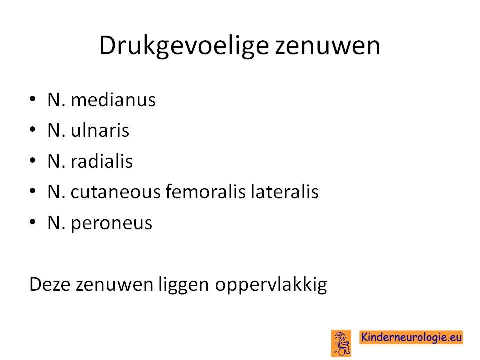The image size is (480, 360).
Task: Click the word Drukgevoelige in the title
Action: (184, 46)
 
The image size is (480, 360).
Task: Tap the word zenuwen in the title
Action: (327, 46)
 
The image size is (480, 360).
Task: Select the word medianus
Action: (113, 100)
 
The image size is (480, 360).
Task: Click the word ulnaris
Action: (100, 130)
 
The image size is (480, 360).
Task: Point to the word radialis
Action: (102, 161)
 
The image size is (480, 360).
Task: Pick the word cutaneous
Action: (115, 192)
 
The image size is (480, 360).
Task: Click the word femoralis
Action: (205, 191)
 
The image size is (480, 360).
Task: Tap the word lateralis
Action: (284, 191)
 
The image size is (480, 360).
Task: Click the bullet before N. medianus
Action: (33, 99)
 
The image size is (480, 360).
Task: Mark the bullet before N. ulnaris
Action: (33, 130)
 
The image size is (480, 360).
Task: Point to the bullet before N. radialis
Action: (33, 160)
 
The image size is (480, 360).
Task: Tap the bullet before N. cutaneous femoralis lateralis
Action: (33, 191)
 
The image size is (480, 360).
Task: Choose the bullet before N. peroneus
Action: (33, 222)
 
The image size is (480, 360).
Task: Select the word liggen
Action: (183, 285)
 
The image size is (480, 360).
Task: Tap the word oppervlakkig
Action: (271, 285)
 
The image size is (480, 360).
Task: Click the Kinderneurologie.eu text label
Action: (411, 337)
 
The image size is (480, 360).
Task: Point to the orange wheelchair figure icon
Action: (341, 343)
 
